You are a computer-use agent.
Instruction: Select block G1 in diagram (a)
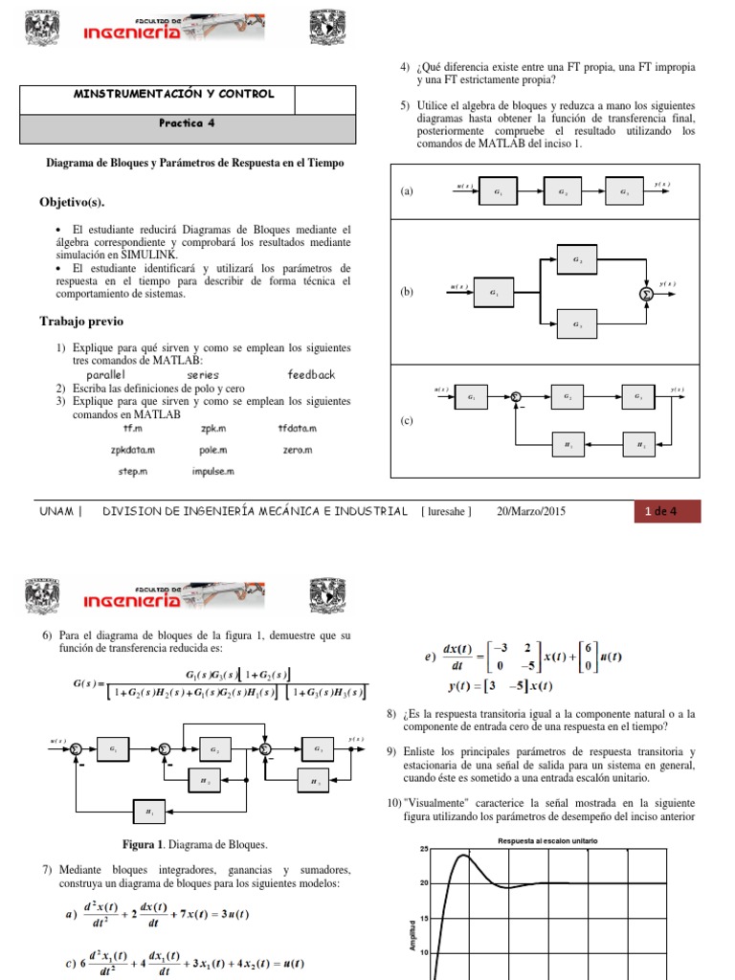click(497, 191)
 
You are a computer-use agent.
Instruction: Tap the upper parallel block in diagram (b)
click(576, 258)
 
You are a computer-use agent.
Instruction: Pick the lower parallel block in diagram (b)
click(576, 324)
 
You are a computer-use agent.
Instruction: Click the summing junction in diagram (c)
click(515, 396)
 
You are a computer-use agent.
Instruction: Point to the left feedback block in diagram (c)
click(568, 445)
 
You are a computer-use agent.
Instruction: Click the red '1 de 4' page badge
click(667, 512)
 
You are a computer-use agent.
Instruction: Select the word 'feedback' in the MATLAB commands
click(312, 374)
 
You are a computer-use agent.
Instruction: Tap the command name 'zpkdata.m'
click(133, 449)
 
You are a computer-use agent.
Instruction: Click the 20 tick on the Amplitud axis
click(423, 883)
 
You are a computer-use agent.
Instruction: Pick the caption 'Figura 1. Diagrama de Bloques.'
click(194, 845)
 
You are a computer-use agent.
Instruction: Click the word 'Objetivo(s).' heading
click(72, 203)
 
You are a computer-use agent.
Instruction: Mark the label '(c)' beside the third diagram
click(407, 420)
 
